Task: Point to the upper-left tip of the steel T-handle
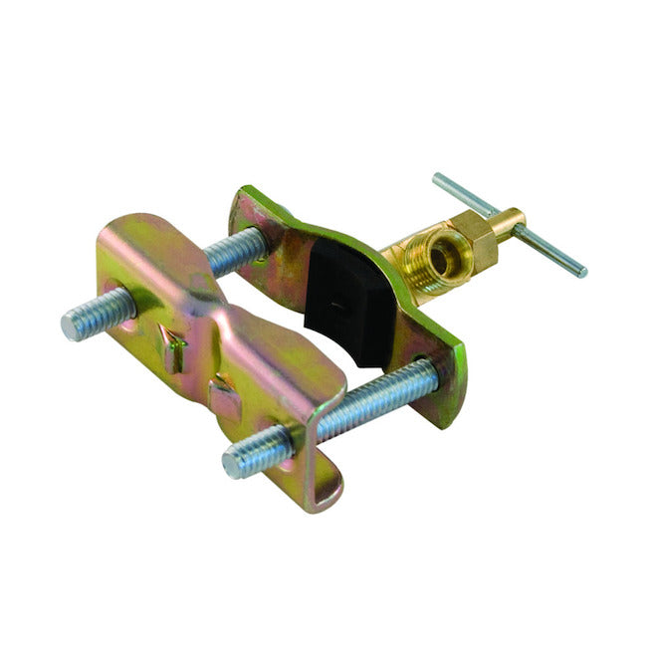(x=439, y=180)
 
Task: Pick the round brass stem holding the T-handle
(x=508, y=221)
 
